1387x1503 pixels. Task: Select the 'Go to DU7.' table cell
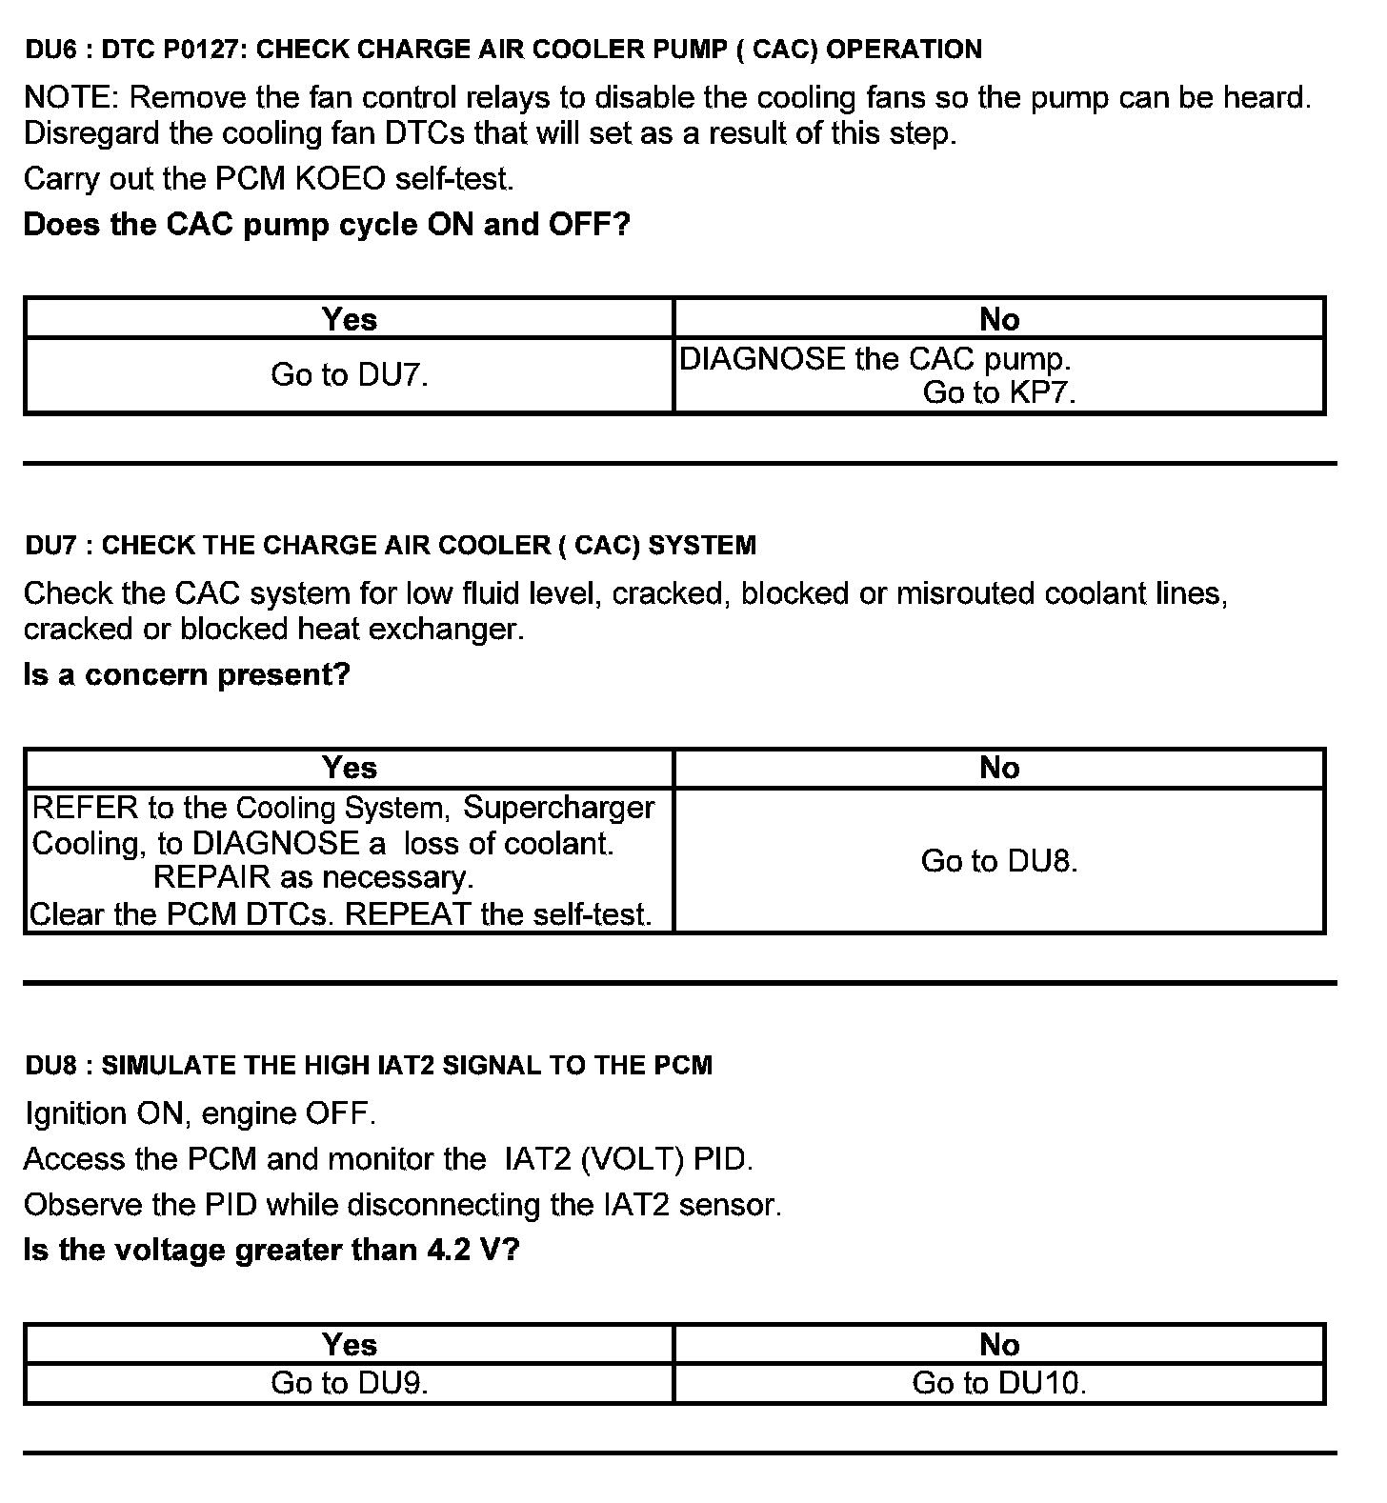pos(349,375)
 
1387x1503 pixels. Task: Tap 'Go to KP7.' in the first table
pos(998,392)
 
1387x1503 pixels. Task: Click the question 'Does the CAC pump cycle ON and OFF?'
pos(327,226)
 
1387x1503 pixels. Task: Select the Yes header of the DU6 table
pos(349,319)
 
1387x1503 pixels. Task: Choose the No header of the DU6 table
pos(998,319)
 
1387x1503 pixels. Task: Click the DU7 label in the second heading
pos(50,546)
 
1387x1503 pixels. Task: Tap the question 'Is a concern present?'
pos(187,675)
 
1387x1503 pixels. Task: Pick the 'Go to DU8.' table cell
pos(998,861)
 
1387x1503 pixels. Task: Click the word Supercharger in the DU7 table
pos(558,808)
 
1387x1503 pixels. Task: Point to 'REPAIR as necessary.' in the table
pos(313,877)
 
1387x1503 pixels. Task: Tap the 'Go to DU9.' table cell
pos(349,1383)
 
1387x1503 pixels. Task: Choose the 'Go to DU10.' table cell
pos(998,1383)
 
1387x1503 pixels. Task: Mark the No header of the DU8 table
pos(998,1345)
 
